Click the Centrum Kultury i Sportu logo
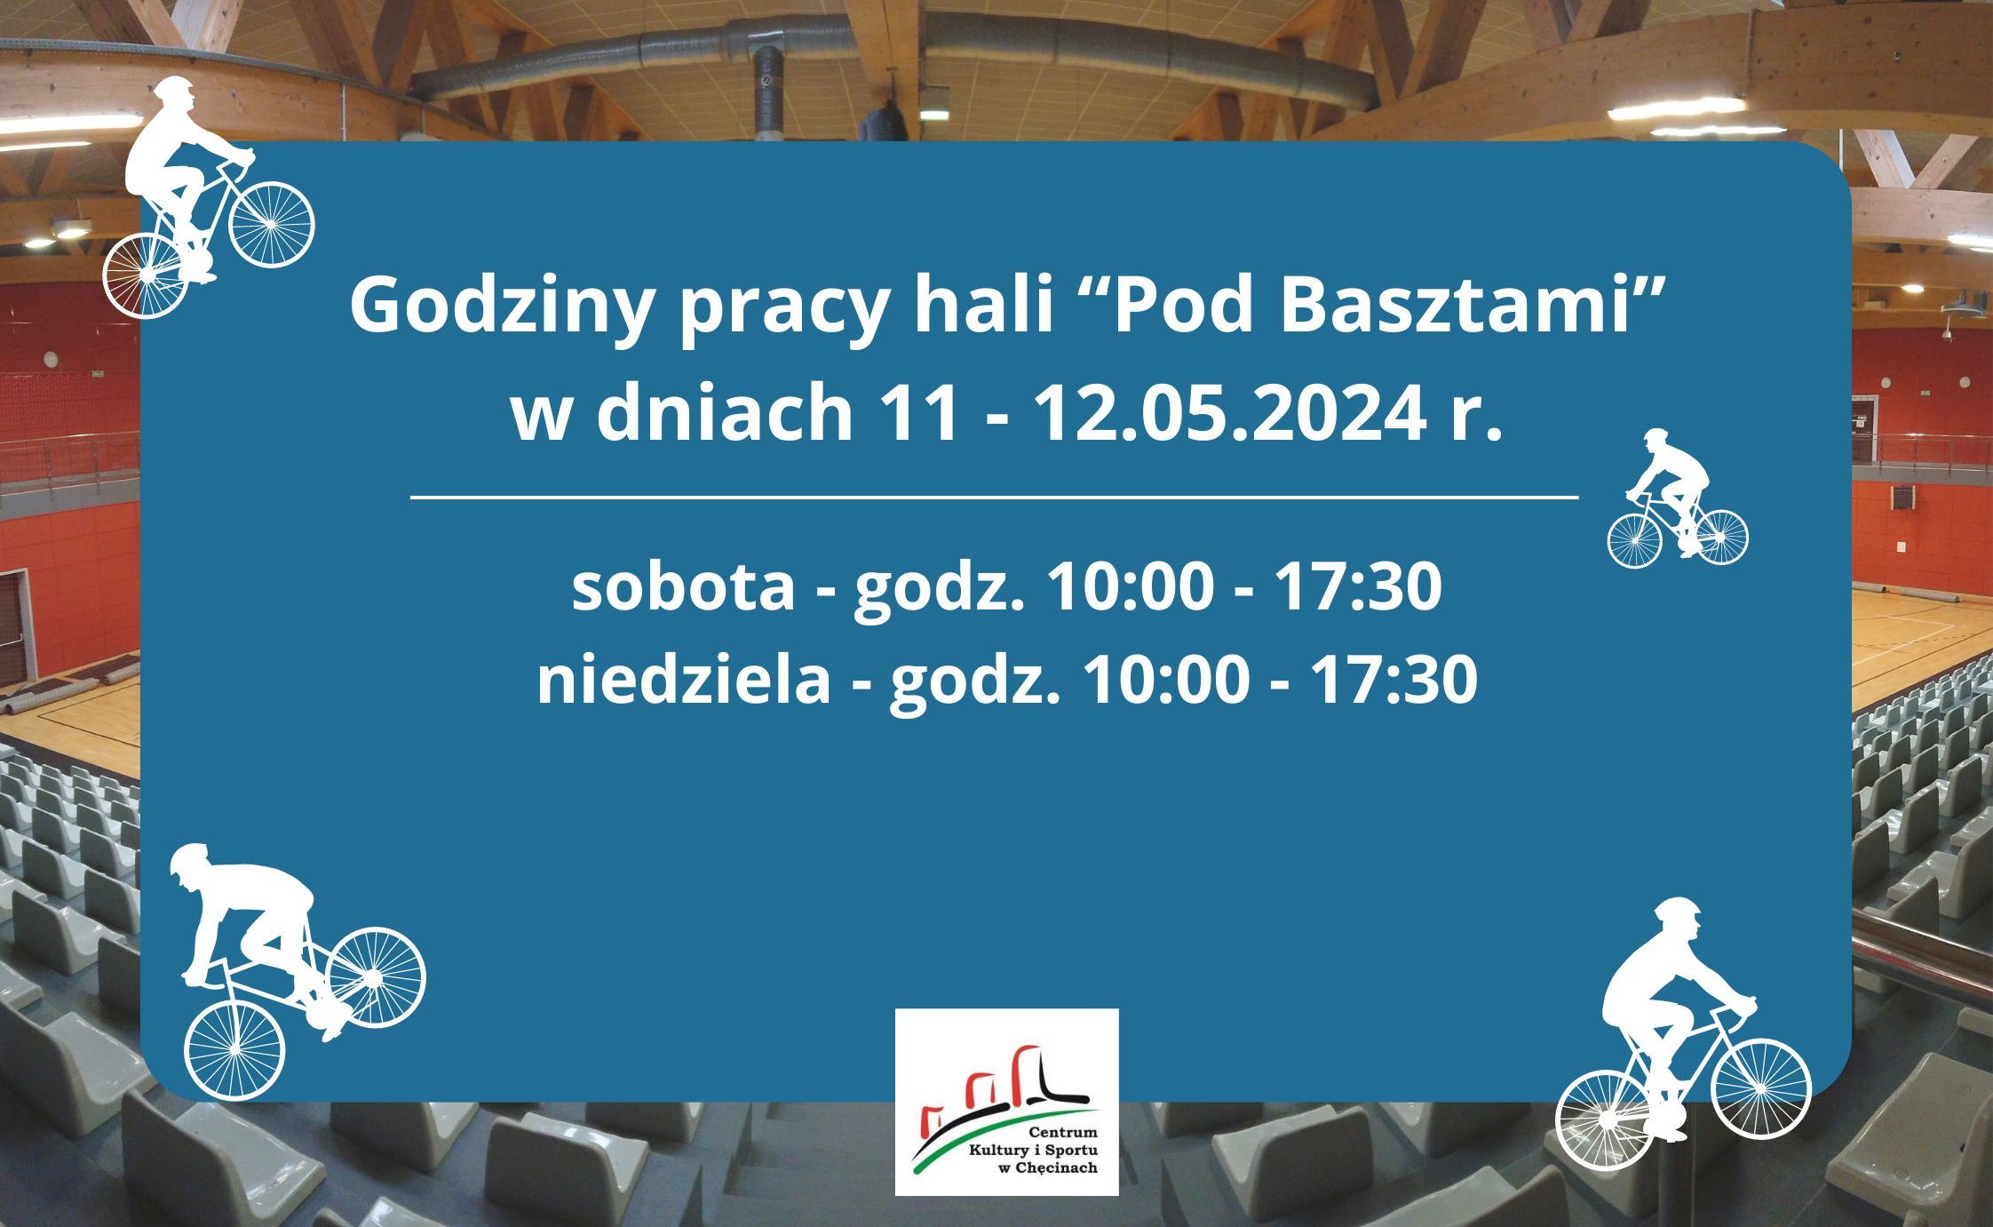1006,1102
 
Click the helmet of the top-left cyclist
176,89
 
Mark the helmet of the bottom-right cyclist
1677,910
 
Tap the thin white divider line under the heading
994,498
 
